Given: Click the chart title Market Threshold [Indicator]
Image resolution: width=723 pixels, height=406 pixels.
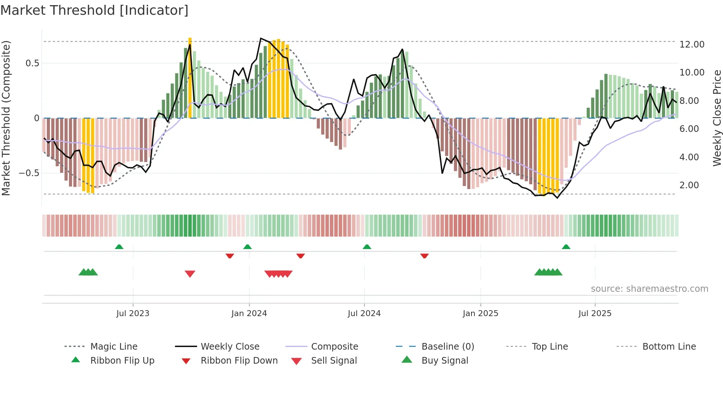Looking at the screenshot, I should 94,10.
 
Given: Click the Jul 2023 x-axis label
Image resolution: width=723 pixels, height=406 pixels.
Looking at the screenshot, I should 133,314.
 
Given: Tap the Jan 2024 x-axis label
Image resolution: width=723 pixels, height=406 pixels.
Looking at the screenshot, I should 249,314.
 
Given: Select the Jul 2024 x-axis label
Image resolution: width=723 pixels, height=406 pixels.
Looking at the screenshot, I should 364,314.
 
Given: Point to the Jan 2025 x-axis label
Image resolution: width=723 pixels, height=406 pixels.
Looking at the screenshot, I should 480,314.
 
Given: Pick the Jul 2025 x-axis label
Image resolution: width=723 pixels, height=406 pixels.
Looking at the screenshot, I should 595,314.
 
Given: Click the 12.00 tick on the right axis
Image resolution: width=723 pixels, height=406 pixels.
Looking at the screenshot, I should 692,45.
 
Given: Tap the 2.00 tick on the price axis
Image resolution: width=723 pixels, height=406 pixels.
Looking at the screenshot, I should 689,185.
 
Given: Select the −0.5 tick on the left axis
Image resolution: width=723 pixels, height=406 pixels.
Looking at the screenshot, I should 29,173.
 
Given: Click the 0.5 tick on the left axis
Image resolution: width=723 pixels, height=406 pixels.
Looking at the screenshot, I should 32,63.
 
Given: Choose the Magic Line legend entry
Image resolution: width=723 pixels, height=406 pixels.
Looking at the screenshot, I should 114,347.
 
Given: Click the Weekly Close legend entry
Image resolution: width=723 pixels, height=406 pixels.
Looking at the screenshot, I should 230,347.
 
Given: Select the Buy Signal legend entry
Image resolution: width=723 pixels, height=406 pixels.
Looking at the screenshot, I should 444,361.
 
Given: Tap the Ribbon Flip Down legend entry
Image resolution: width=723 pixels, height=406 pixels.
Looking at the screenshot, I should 239,361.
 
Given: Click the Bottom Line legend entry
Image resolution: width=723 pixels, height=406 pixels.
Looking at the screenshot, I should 669,347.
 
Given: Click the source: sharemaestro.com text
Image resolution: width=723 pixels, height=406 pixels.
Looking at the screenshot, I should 649,289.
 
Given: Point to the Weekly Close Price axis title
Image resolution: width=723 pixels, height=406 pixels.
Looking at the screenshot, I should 717,118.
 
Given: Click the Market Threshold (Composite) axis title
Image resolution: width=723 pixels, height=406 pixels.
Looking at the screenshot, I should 6,118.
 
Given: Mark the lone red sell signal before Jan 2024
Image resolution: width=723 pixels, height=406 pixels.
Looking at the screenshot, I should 190,273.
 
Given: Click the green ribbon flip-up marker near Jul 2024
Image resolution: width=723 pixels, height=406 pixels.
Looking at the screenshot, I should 367,247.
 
